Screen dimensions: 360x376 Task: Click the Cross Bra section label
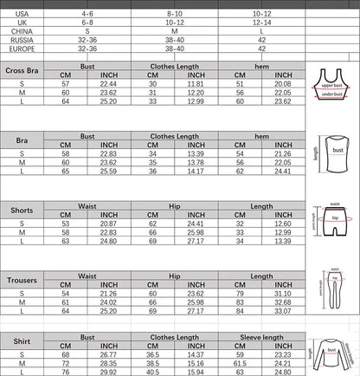click(x=22, y=72)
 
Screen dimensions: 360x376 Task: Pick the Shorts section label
click(x=22, y=211)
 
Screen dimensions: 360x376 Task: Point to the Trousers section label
click(x=22, y=281)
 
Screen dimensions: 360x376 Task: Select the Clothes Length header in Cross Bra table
click(x=173, y=66)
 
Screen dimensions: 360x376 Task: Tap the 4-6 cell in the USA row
click(x=86, y=15)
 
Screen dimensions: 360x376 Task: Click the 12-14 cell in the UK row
click(x=260, y=23)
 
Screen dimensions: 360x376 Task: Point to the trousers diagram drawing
click(x=332, y=296)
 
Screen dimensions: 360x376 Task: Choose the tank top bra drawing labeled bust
click(x=333, y=157)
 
